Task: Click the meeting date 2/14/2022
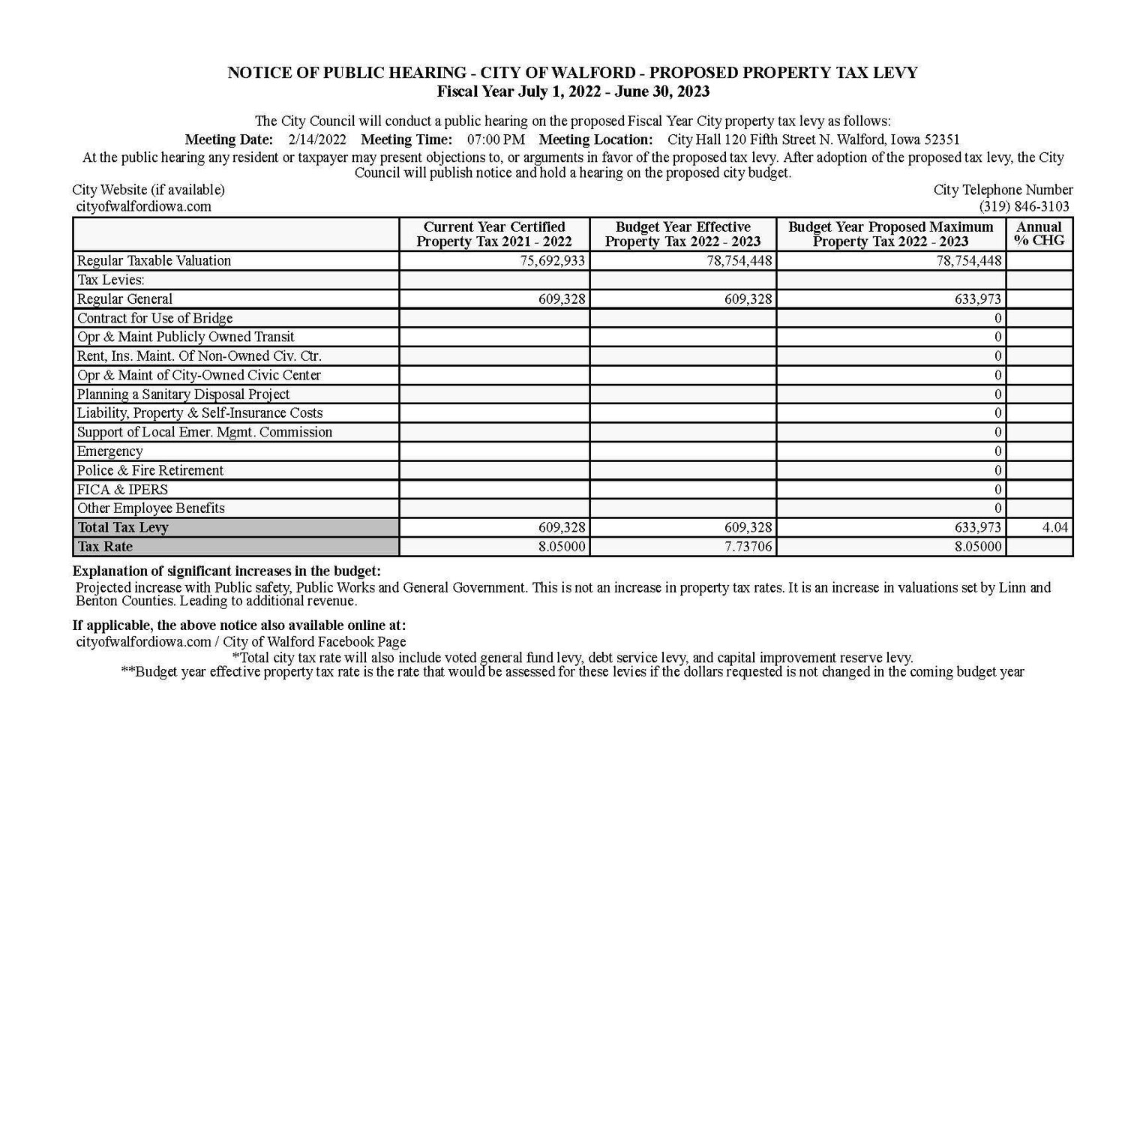coord(316,139)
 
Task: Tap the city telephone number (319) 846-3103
coord(1024,206)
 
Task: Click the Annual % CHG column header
coord(1039,234)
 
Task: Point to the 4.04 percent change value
coord(1054,527)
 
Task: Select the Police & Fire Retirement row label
coord(150,470)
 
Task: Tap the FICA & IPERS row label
coord(122,490)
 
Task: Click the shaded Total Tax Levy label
coord(123,527)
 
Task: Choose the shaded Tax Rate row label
coord(105,547)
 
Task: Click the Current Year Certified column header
coord(494,234)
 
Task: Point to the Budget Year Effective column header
coord(682,234)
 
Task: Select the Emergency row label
coord(109,451)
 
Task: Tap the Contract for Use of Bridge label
coord(154,318)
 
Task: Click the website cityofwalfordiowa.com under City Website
coord(143,206)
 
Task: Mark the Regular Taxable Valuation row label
coord(154,261)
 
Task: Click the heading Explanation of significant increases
coord(226,571)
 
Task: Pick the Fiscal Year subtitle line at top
coord(573,91)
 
